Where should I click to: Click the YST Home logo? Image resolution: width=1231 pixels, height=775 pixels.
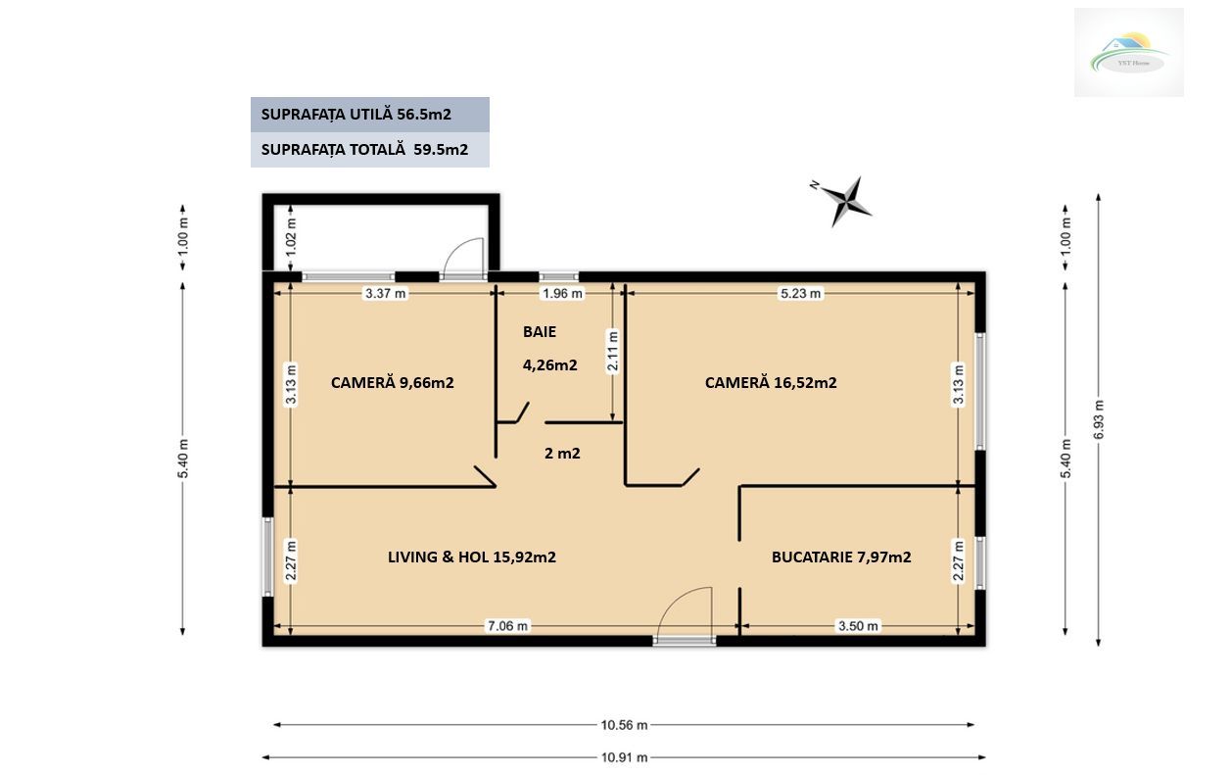pyautogui.click(x=1128, y=52)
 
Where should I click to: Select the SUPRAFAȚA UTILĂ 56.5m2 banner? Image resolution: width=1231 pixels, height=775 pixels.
pyautogui.click(x=369, y=114)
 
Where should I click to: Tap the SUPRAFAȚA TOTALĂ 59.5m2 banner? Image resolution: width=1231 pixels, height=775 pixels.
pyautogui.click(x=369, y=150)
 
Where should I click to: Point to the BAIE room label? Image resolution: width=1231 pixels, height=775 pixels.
pyautogui.click(x=539, y=332)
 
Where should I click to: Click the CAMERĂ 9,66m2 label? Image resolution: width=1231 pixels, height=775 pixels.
pyautogui.click(x=392, y=383)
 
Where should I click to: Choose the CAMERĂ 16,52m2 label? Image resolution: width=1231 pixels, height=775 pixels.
pyautogui.click(x=770, y=383)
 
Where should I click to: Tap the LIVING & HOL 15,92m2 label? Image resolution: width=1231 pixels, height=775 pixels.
pyautogui.click(x=472, y=557)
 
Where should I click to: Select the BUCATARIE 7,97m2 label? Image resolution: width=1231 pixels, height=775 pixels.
pyautogui.click(x=841, y=557)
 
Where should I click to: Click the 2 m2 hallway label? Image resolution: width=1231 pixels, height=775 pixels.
pyautogui.click(x=562, y=454)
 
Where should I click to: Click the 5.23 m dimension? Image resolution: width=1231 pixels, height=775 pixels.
pyautogui.click(x=800, y=293)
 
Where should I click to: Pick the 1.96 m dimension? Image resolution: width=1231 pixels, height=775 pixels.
pyautogui.click(x=561, y=293)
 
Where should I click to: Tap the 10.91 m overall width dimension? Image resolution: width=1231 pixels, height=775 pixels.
pyautogui.click(x=623, y=757)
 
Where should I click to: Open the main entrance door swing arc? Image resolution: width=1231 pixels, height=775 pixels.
pyautogui.click(x=686, y=613)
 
